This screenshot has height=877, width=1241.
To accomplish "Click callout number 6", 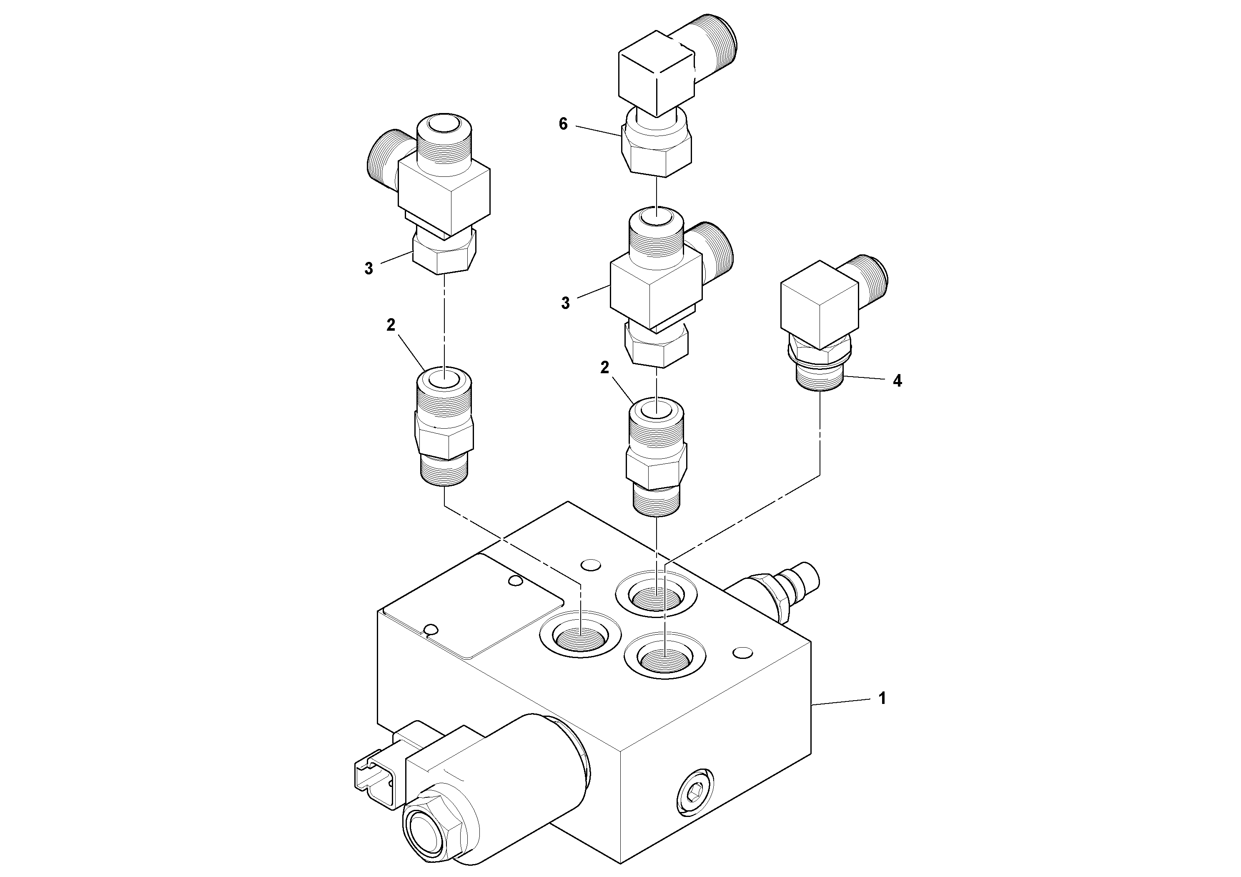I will click(563, 124).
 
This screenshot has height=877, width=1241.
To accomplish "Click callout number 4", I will click(897, 381).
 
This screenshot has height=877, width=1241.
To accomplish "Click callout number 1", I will click(882, 699).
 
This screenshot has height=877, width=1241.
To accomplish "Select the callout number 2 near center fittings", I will click(604, 368).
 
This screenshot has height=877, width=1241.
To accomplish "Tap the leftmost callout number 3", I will click(369, 268).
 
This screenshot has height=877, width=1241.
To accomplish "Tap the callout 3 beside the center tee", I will click(565, 303).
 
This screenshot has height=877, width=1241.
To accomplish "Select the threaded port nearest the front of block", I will click(664, 658).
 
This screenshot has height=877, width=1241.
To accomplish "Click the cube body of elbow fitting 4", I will click(819, 306).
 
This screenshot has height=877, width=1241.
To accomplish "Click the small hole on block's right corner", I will click(744, 653).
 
